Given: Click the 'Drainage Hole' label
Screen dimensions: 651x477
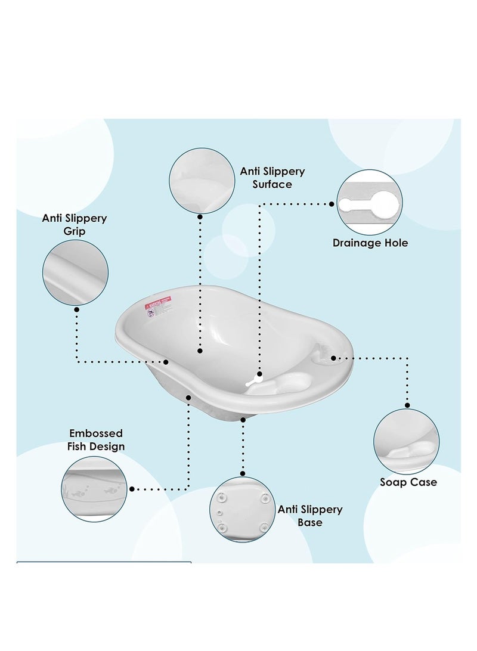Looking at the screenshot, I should tap(370, 243).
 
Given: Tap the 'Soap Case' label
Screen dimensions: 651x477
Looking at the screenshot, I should tap(408, 482).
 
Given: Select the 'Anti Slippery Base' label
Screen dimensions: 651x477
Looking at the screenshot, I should tap(310, 516).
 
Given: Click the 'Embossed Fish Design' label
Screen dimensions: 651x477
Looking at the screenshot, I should tap(97, 439).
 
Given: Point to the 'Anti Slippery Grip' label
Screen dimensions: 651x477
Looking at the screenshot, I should tap(75, 224).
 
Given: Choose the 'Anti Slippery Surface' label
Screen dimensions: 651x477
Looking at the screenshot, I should tap(272, 178).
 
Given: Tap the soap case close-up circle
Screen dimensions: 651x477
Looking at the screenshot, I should tap(406, 441).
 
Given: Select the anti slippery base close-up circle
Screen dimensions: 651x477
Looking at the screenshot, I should tap(241, 509).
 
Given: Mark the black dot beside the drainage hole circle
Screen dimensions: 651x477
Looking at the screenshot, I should tap(332, 203).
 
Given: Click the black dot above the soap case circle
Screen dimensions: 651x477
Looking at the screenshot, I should tap(407, 405).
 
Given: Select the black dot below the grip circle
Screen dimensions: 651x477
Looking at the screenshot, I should tap(76, 309).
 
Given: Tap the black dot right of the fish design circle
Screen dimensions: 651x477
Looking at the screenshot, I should tap(132, 489).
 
